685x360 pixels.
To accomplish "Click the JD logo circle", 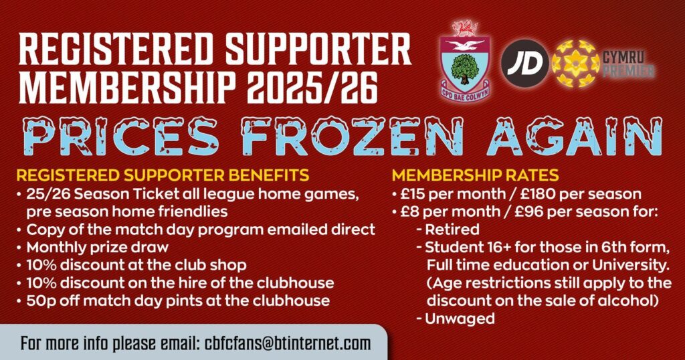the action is [524, 64].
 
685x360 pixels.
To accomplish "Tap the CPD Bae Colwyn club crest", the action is [465, 61].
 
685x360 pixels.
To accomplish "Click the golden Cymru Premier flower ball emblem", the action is [575, 64].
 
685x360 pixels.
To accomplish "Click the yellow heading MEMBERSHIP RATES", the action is [476, 175].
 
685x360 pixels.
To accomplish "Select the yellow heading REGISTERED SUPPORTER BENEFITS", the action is [163, 175].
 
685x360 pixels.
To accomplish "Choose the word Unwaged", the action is [460, 319].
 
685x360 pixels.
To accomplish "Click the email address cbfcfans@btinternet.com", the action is [288, 343].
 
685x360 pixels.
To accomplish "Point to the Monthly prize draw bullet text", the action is [98, 248].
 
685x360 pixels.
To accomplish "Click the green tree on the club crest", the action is [464, 68].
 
